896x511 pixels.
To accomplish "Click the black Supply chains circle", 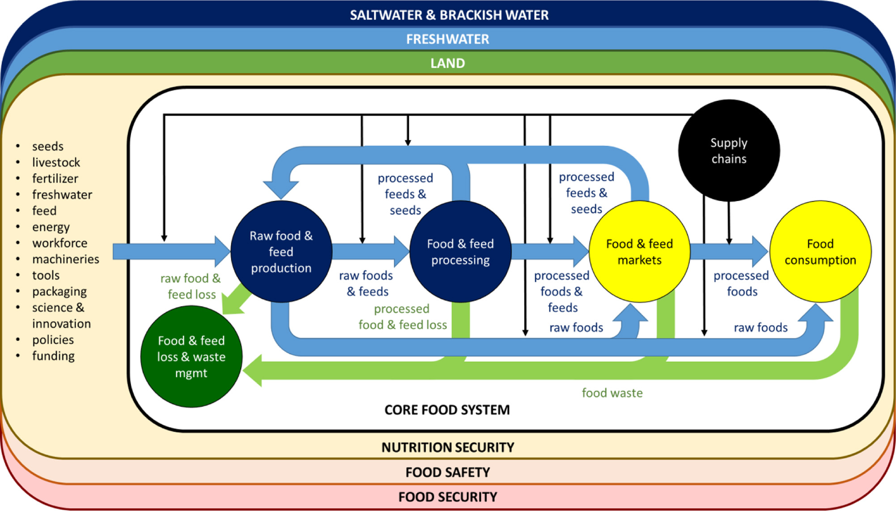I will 729,150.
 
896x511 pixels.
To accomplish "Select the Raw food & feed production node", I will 281,252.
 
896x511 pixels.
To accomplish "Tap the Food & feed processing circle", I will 460,252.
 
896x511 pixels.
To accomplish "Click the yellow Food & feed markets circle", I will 639,252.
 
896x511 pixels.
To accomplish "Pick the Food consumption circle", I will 820,252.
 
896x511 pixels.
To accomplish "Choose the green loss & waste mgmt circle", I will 191,356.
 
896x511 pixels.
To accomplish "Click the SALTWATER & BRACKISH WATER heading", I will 449,15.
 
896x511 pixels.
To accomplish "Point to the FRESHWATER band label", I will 447,39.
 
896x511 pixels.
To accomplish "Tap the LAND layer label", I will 447,63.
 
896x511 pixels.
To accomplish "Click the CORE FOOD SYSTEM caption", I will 447,410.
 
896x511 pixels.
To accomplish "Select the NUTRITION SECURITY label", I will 448,447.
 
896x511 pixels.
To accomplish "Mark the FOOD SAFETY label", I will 448,472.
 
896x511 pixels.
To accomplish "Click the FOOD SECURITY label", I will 448,497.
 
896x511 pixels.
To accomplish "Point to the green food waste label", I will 612,393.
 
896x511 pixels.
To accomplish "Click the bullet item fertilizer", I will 55,179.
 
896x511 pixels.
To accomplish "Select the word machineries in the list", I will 66,259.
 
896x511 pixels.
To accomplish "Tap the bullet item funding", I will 53,356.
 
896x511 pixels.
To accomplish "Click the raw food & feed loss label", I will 191,286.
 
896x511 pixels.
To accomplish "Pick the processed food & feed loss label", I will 403,317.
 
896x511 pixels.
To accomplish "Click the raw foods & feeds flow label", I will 366,283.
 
